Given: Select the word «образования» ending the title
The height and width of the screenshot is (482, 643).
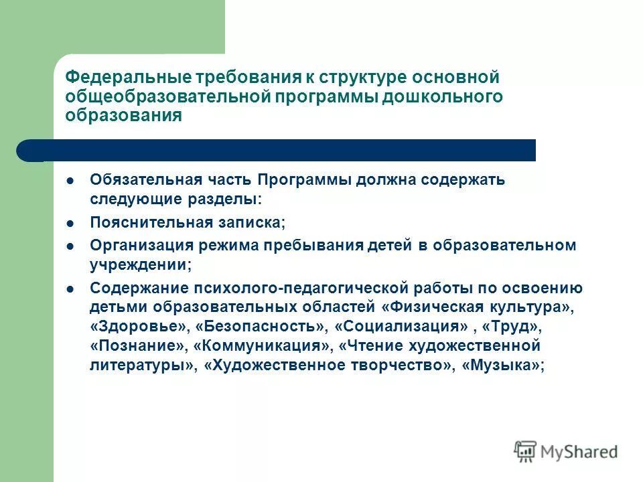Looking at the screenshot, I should (x=124, y=115).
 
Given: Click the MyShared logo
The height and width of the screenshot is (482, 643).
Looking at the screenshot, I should (x=566, y=451).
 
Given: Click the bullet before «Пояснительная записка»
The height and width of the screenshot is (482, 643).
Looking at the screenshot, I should (x=70, y=222).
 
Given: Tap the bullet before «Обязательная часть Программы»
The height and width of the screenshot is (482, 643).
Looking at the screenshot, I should (x=70, y=180).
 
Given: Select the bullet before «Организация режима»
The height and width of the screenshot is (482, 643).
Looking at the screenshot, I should (x=70, y=245).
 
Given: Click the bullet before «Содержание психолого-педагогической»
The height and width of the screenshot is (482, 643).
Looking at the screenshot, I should (x=70, y=289).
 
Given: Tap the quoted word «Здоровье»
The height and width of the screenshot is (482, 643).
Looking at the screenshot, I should (x=137, y=327).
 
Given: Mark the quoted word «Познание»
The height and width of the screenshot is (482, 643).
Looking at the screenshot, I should (x=138, y=346).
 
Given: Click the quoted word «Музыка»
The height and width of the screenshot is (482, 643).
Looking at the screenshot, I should (x=502, y=366).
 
